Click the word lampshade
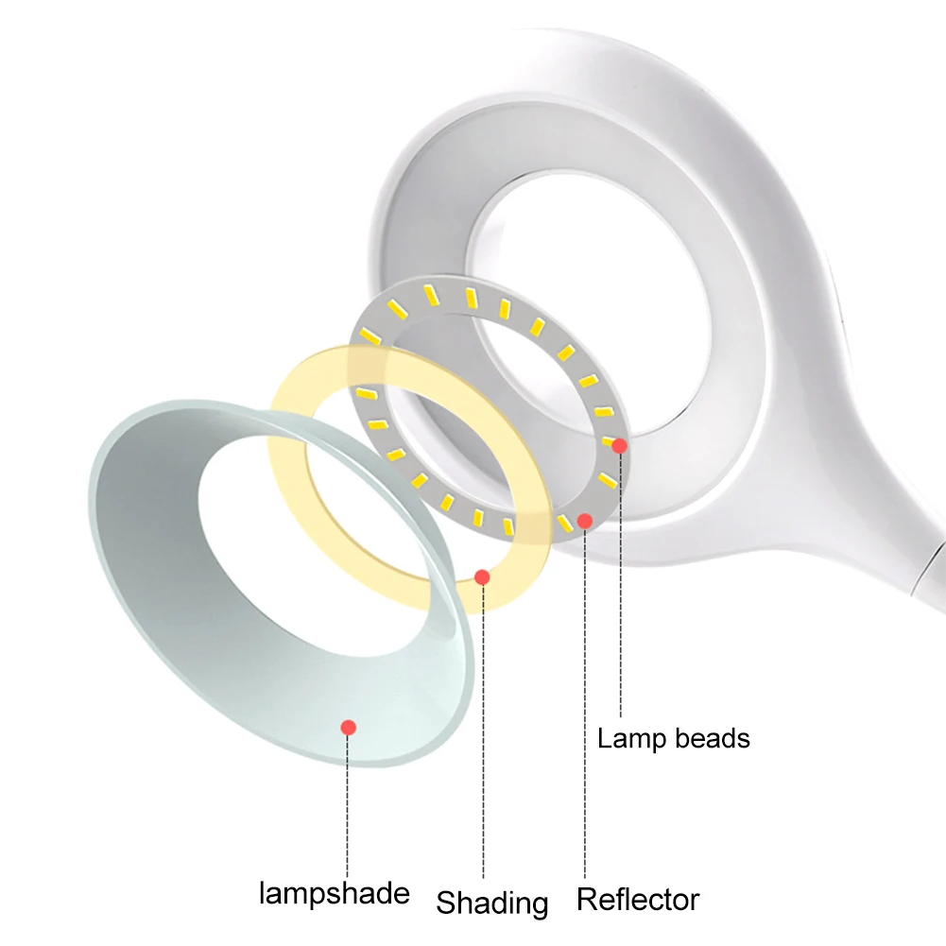tap(334, 893)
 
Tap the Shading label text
tap(491, 903)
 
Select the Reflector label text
tap(638, 899)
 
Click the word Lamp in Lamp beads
tap(628, 737)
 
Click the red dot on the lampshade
tap(348, 727)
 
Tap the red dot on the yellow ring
tap(482, 576)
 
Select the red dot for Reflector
tap(585, 520)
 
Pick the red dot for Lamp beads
tap(619, 445)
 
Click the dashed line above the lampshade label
tap(348, 803)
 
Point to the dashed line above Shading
tap(482, 737)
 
